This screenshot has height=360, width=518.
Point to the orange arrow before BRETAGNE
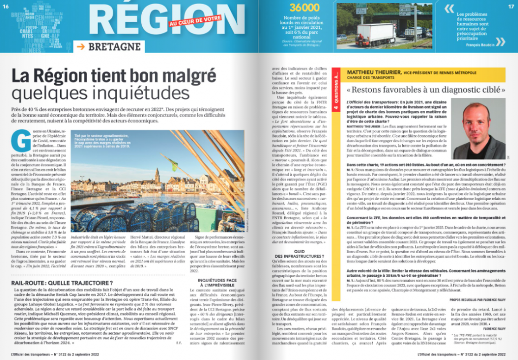point(80,47)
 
